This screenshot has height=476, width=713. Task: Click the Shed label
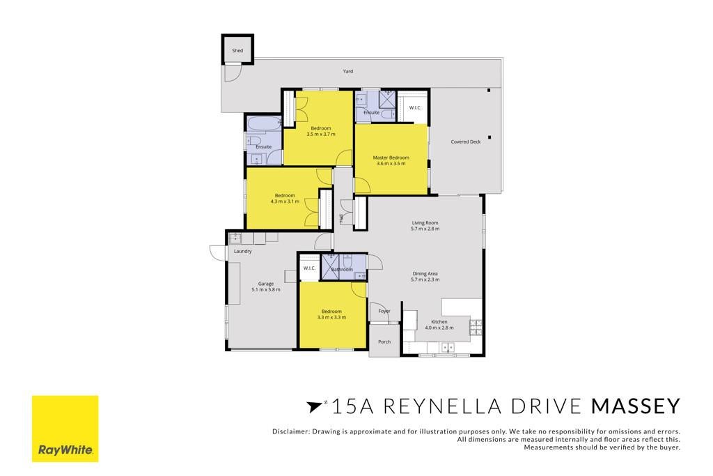pyautogui.click(x=237, y=50)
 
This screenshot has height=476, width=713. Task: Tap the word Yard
pyautogui.click(x=348, y=72)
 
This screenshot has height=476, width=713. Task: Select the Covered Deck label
pyautogui.click(x=466, y=142)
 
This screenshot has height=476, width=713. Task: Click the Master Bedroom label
pyautogui.click(x=391, y=158)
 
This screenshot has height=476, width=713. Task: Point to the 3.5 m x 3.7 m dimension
pyautogui.click(x=321, y=135)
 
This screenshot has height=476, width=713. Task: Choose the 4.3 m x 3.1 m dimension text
pyautogui.click(x=285, y=201)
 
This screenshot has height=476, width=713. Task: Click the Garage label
pyautogui.click(x=266, y=284)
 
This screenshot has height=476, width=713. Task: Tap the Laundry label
pyautogui.click(x=243, y=251)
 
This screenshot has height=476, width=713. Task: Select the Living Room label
pyautogui.click(x=425, y=223)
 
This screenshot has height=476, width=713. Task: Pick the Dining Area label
pyautogui.click(x=425, y=274)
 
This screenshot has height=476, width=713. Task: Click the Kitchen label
pyautogui.click(x=439, y=322)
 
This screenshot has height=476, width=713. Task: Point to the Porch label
pyautogui.click(x=384, y=341)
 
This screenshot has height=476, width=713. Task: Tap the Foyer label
pyautogui.click(x=384, y=312)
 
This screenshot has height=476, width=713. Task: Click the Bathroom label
pyautogui.click(x=342, y=270)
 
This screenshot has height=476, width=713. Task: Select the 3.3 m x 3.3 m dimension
pyautogui.click(x=332, y=317)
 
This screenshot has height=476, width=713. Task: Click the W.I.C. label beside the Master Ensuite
pyautogui.click(x=415, y=108)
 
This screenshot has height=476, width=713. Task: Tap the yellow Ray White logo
pyautogui.click(x=65, y=429)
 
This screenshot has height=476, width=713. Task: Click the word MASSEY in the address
pyautogui.click(x=636, y=406)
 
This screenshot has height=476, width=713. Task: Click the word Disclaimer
pyautogui.click(x=290, y=431)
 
